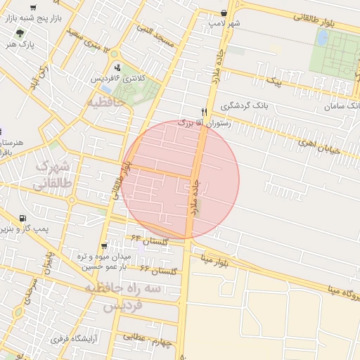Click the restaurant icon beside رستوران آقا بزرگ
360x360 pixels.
pos(204,111)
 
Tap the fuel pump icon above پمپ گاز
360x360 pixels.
pos(23,218)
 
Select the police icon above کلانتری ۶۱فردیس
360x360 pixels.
pos(117,67)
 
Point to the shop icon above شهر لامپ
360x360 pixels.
pos(224,13)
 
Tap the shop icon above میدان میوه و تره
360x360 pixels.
pos(104,245)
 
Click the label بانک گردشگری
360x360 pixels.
pos(245,105)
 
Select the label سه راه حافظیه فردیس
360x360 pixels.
pos(123,297)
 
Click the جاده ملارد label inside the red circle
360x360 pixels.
pos(194,195)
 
